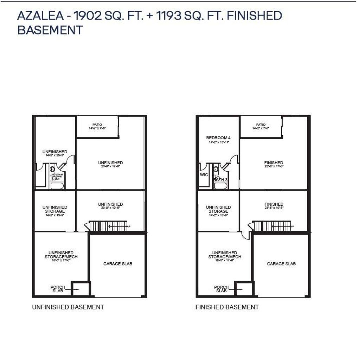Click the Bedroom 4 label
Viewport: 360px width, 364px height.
pyautogui.click(x=218, y=138)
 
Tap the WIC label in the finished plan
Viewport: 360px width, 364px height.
pyautogui.click(x=204, y=175)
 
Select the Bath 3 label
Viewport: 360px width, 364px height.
pyautogui.click(x=220, y=180)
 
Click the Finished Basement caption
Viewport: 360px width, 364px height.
pyautogui.click(x=227, y=307)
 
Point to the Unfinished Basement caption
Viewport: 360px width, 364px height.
pyautogui.click(x=68, y=307)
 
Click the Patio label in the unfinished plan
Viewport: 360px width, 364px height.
pyautogui.click(x=97, y=124)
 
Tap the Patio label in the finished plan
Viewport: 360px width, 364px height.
pyautogui.click(x=261, y=124)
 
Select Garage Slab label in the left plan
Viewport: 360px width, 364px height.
pyautogui.click(x=118, y=263)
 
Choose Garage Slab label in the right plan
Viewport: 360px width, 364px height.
pyautogui.click(x=281, y=263)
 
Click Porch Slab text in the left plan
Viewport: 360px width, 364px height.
pyautogui.click(x=58, y=289)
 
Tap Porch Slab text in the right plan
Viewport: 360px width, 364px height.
pyautogui.click(x=221, y=289)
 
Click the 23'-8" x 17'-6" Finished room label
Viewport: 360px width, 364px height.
pyautogui.click(x=274, y=164)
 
